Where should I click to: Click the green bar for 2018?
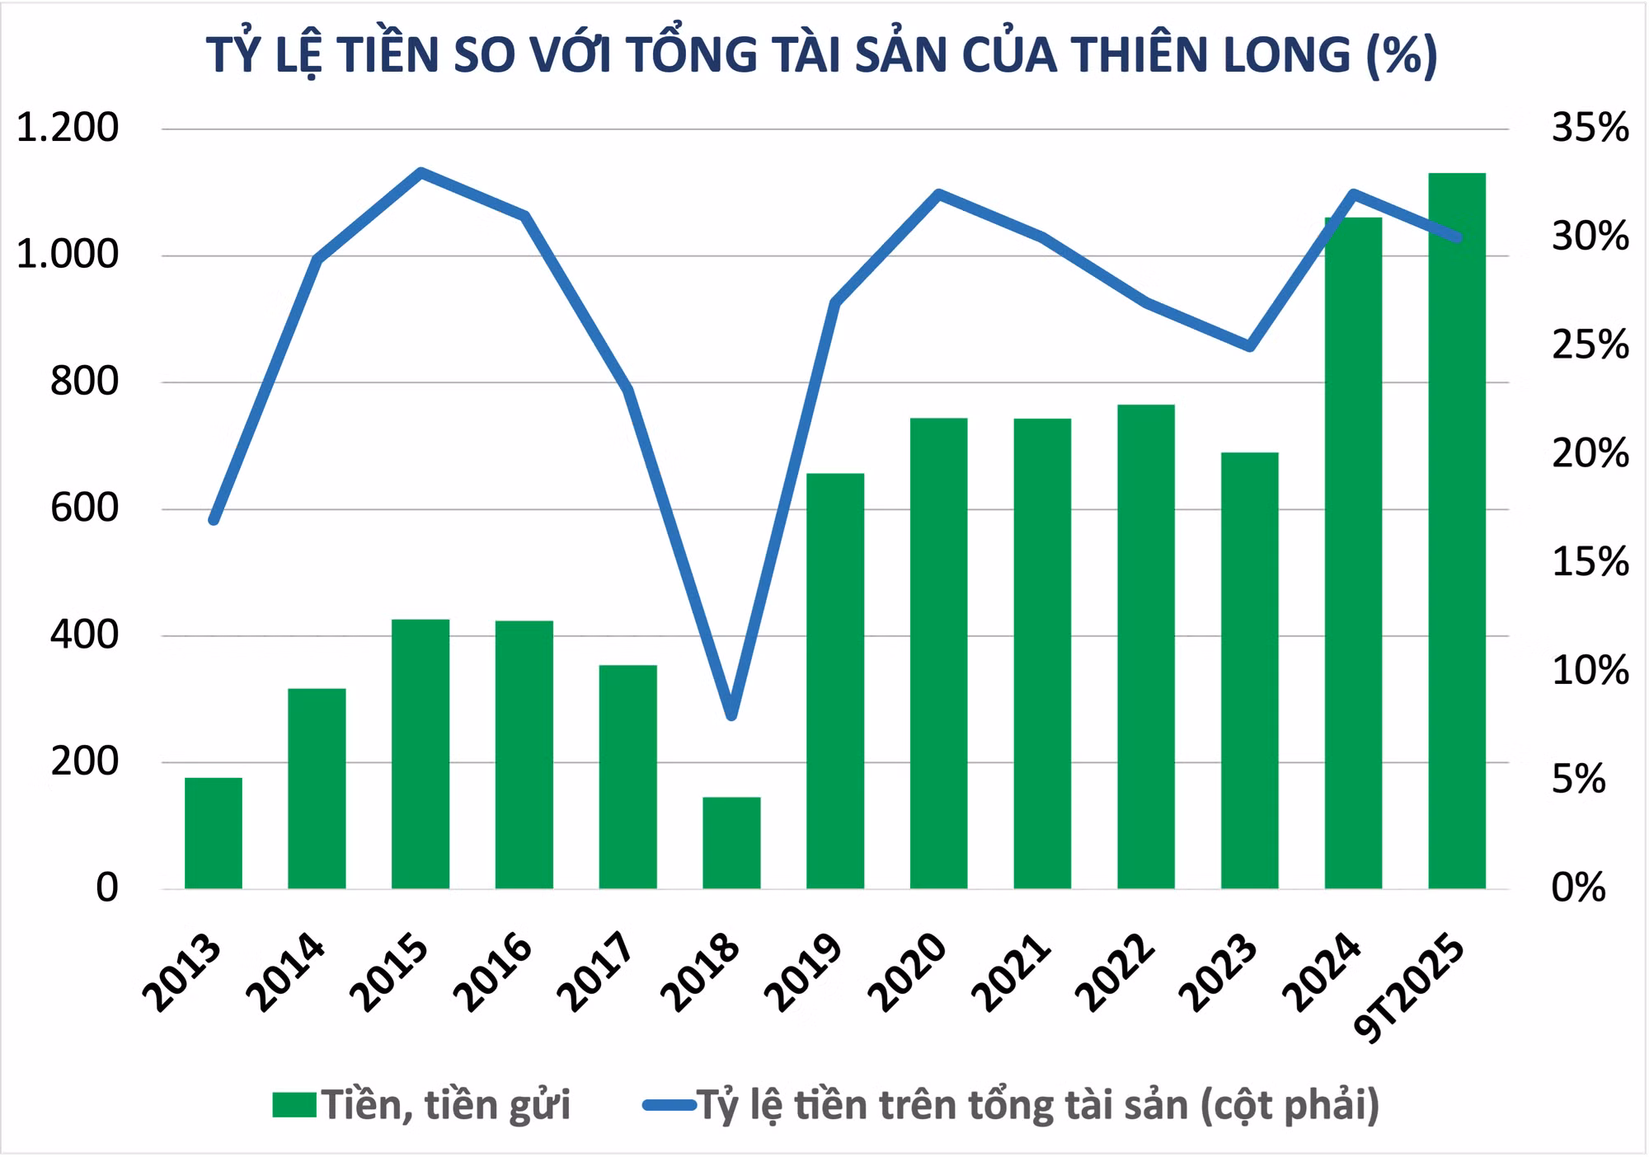731,842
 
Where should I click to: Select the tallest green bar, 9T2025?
1457,531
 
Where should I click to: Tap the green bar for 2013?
214,832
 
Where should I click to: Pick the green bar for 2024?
1353,553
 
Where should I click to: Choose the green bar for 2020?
938,653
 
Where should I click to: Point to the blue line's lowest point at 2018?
731,715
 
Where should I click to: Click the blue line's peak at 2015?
420,173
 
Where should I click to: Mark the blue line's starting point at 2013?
214,520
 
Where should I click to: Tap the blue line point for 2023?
1250,346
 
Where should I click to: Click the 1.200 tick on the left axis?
68,128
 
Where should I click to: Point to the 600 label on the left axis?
84,508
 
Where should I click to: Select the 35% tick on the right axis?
1590,128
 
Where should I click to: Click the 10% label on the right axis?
1590,671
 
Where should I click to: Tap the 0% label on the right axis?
1579,888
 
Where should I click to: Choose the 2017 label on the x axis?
597,972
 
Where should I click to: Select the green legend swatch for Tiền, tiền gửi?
294,1105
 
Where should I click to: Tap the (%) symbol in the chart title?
1402,54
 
